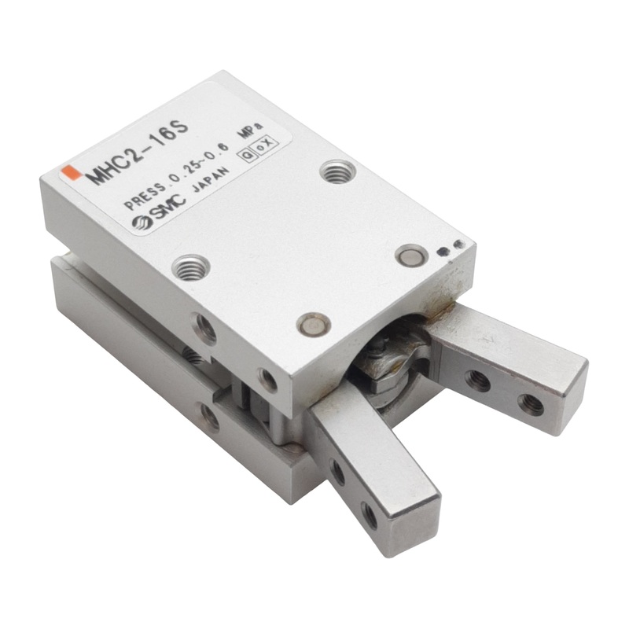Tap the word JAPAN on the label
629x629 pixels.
pyautogui.click(x=211, y=181)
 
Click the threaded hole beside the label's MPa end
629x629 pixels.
pyautogui.click(x=338, y=171)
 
